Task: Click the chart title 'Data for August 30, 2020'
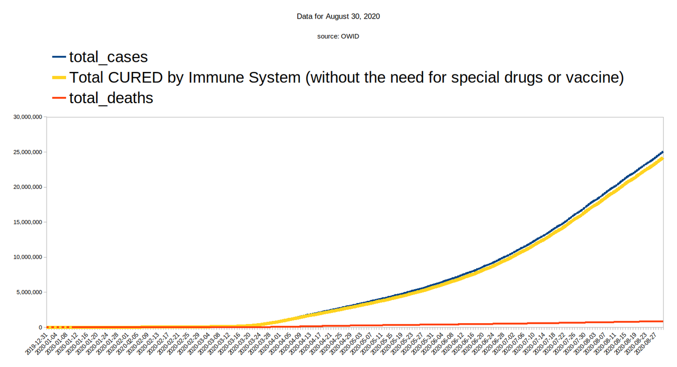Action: click(x=338, y=16)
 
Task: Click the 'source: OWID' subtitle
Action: click(x=338, y=36)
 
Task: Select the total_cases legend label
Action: click(x=108, y=57)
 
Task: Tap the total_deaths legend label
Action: click(x=111, y=98)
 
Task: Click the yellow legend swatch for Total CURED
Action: click(x=59, y=78)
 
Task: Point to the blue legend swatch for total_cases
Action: click(x=59, y=57)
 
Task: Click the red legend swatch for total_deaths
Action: click(x=59, y=98)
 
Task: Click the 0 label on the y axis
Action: click(x=40, y=327)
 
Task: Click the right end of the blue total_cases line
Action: click(x=662, y=152)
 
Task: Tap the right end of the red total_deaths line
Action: click(x=662, y=321)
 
